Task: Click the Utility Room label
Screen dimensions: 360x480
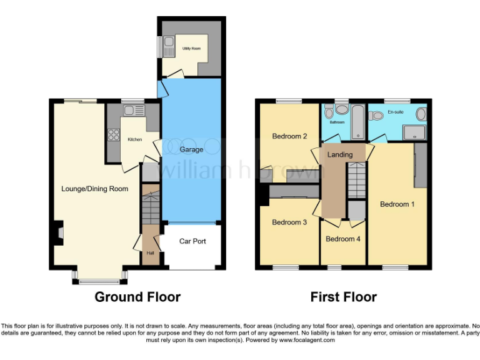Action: tap(191, 48)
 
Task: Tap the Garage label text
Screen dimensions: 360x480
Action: tap(192, 150)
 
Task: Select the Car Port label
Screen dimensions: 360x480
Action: tap(192, 241)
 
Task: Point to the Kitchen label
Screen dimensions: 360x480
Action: tap(135, 139)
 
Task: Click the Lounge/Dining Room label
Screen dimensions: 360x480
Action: tap(95, 189)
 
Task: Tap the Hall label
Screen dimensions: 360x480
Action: tap(150, 253)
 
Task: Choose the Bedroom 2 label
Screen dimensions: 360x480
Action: tap(289, 136)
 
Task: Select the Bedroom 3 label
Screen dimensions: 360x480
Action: tap(289, 222)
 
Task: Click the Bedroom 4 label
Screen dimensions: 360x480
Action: tap(343, 239)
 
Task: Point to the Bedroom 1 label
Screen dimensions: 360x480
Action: tap(398, 204)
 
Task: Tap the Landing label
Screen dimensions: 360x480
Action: tap(340, 154)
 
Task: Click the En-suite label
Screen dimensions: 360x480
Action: tap(396, 112)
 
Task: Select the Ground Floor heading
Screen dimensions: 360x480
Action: tap(137, 297)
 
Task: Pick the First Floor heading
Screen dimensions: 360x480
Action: tap(344, 297)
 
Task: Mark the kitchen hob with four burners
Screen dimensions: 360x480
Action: tap(114, 134)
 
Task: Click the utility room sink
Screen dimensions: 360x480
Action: tap(169, 46)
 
